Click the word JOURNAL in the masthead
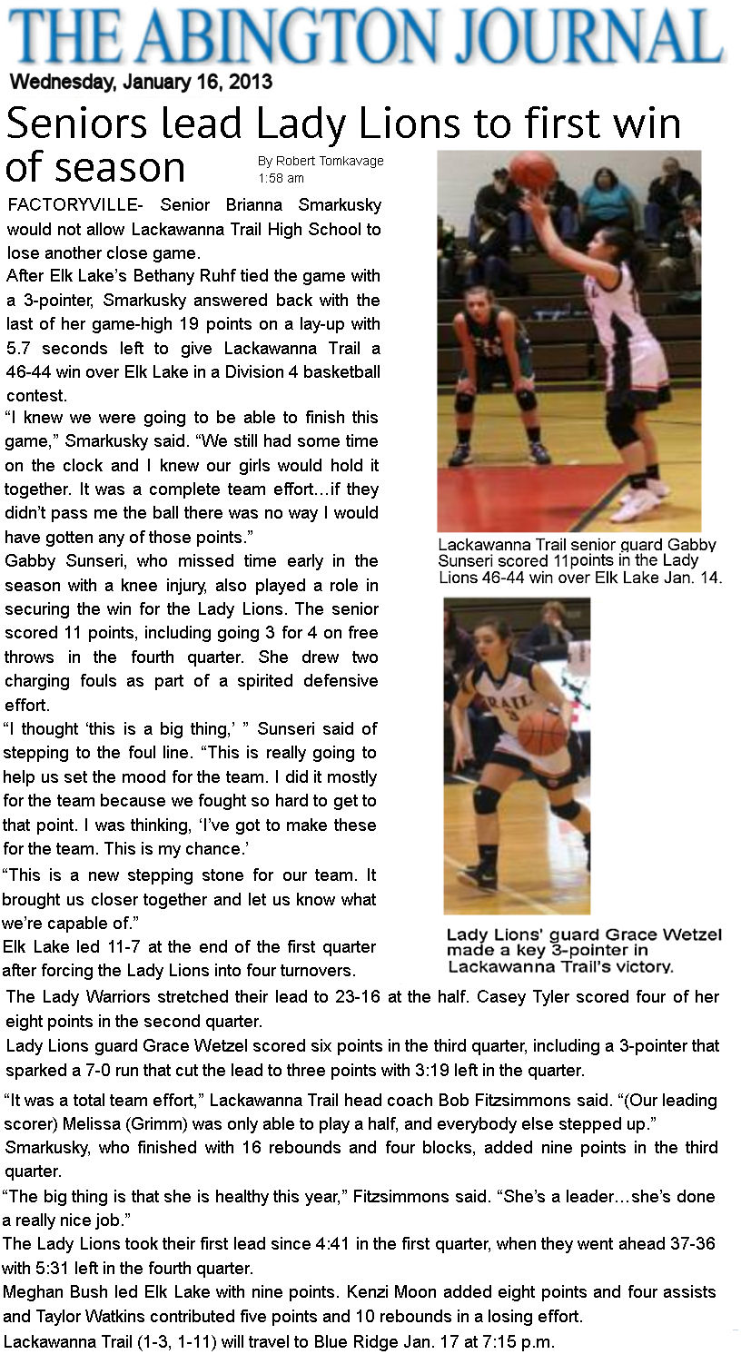pyautogui.click(x=600, y=37)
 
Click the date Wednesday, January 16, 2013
pyautogui.click(x=141, y=82)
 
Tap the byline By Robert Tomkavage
pyautogui.click(x=320, y=161)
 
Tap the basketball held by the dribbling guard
pyautogui.click(x=542, y=731)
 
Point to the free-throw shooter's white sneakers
pyautogui.click(x=640, y=499)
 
